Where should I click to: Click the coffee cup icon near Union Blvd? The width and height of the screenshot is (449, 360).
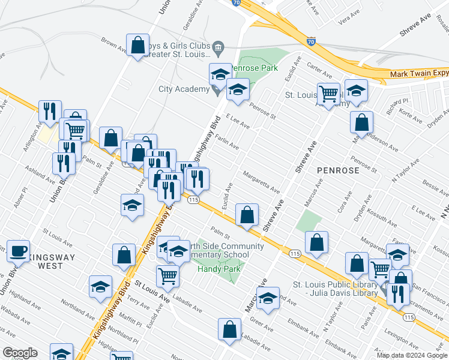tap(18, 251)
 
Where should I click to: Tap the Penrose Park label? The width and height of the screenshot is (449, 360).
tap(255, 68)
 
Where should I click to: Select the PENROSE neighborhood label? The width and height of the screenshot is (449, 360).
tap(339, 170)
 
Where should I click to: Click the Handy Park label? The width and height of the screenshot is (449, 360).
tap(218, 269)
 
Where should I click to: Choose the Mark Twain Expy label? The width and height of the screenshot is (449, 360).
tap(419, 73)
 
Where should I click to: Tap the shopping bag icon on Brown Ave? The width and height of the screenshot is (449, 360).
tap(137, 45)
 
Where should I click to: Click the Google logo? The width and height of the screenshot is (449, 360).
tap(20, 353)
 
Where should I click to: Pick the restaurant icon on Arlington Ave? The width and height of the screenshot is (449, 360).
tap(49, 111)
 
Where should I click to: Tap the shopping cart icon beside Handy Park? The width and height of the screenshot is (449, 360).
tap(167, 275)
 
